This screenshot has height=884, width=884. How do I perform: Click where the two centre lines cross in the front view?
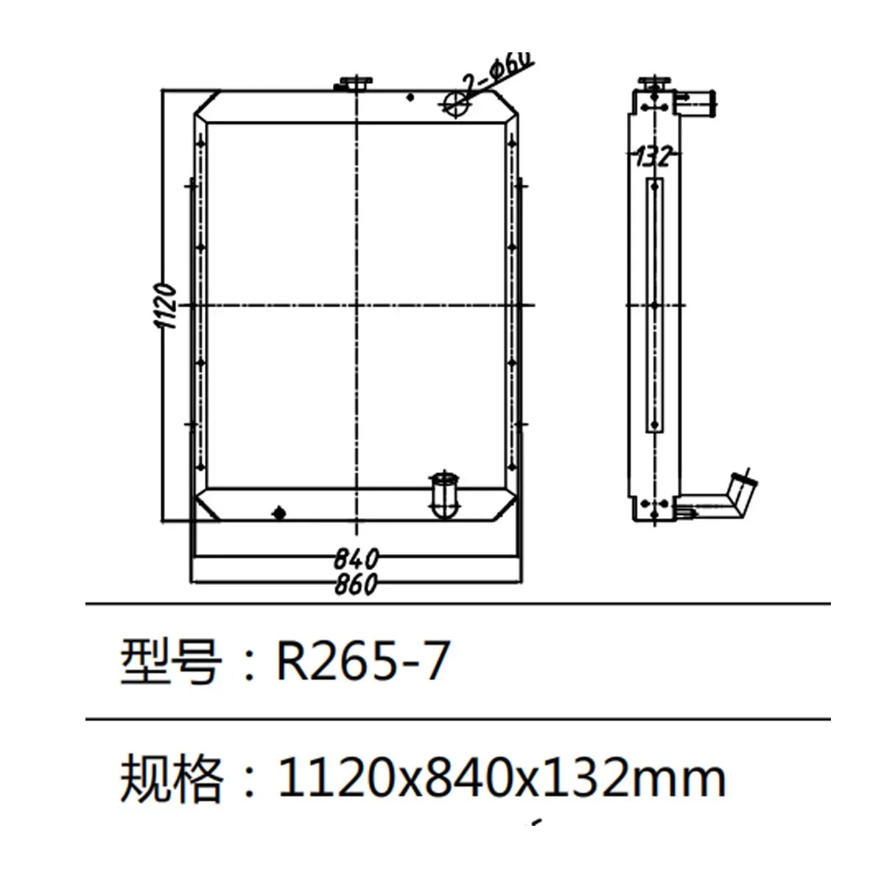point(357,305)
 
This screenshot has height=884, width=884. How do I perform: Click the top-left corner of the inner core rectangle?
point(208,123)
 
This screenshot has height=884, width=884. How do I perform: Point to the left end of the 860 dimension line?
point(192,583)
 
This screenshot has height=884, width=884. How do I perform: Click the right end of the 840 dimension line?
point(519,556)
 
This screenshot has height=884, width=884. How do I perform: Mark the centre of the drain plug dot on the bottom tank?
point(279,513)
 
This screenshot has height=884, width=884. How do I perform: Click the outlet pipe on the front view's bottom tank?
point(443,494)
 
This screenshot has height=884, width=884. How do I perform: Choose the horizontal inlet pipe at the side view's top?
point(695,102)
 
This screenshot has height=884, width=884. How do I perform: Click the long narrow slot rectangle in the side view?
point(655,305)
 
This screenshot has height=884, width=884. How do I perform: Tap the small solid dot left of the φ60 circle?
point(410,97)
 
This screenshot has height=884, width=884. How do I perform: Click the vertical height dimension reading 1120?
point(165,306)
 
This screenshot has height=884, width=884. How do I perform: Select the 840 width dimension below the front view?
point(356,558)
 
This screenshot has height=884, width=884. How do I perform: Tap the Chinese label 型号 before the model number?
point(171,661)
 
